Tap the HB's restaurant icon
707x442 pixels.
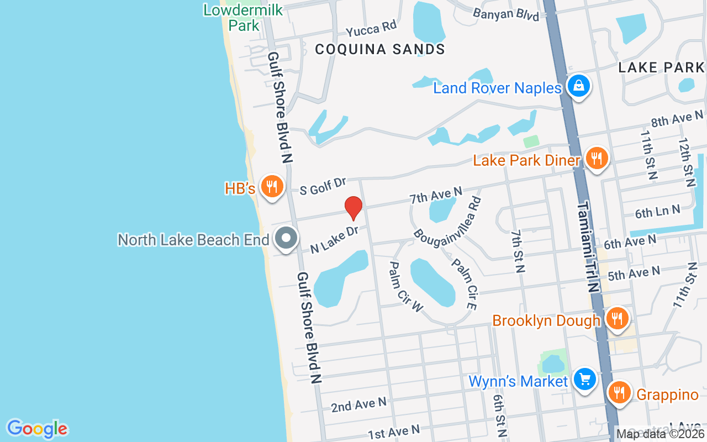tap(271, 186)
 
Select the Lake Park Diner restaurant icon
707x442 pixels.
tap(596, 159)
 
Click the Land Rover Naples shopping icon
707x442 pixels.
tap(578, 86)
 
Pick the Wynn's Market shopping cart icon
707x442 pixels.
tap(585, 380)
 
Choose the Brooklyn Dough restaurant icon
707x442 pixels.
tap(616, 319)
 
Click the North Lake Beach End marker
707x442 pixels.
tap(286, 239)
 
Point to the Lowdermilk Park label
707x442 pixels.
tap(243, 18)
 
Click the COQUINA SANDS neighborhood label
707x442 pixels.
tap(380, 49)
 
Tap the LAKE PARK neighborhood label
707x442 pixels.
tap(661, 67)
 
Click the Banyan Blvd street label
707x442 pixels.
tap(506, 14)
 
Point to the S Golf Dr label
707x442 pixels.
tap(323, 186)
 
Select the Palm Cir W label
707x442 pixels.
tap(406, 287)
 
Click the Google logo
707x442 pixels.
tap(37, 429)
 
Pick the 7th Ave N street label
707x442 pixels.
tap(436, 195)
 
